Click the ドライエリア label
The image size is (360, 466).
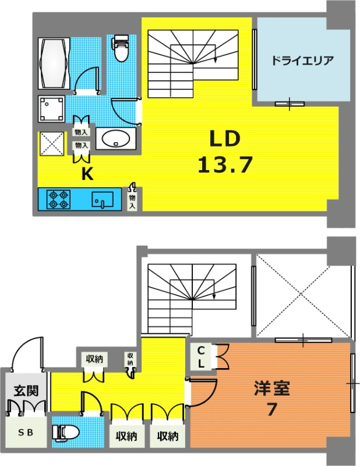[x=302, y=61]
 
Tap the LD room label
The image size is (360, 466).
[x=225, y=139]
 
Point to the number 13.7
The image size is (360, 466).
[x=225, y=164]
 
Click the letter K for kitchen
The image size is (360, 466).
[x=87, y=175]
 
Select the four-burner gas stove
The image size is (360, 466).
[x=59, y=199]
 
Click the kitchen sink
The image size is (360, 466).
[x=103, y=199]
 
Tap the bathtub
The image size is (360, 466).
[x=54, y=63]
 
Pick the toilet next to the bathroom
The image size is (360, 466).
[x=121, y=48]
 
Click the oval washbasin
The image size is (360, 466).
[x=116, y=139]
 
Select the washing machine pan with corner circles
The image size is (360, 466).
[x=51, y=109]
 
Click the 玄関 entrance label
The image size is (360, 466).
[x=26, y=391]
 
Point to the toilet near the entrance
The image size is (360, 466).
[x=66, y=432]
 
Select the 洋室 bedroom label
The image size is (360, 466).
[x=271, y=389]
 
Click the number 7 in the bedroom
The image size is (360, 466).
[x=271, y=410]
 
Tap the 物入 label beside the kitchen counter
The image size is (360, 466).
[x=132, y=202]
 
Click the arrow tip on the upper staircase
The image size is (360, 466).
[x=215, y=62]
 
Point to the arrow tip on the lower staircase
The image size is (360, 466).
[x=214, y=298]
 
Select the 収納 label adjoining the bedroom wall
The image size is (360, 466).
[x=168, y=436]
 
